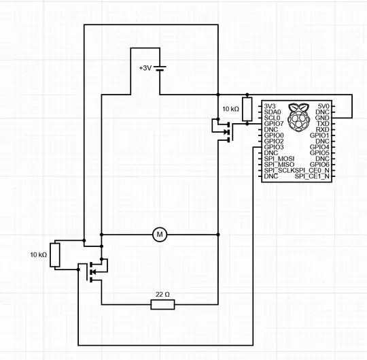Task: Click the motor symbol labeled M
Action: pos(160,235)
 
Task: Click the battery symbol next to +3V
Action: pos(160,68)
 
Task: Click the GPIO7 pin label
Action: pos(273,124)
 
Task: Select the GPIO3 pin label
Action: pos(273,147)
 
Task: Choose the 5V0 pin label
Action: pos(323,107)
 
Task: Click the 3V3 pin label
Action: pos(270,107)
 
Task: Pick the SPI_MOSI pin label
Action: pos(279,159)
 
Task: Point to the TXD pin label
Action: pos(323,124)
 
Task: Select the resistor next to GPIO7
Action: pos(247,109)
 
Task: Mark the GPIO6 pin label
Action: pos(319,165)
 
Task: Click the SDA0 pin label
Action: pos(272,112)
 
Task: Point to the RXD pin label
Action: pos(323,129)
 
